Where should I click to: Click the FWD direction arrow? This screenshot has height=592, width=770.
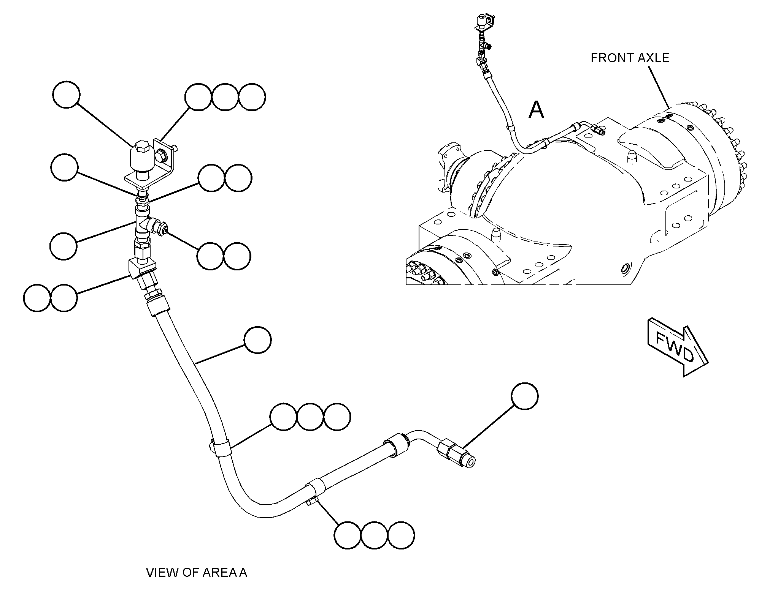[677, 346]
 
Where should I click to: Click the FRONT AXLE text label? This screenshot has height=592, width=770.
[630, 58]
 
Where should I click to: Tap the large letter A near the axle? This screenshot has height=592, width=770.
[537, 110]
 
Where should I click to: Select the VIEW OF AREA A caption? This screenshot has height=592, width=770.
[197, 572]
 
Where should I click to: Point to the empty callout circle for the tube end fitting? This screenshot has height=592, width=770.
[525, 396]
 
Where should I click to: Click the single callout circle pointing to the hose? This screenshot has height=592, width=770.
[258, 340]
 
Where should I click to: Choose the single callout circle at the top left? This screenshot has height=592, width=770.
[66, 95]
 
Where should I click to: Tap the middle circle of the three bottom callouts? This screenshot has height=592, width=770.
[374, 535]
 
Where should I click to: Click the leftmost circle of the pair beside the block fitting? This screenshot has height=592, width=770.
[37, 298]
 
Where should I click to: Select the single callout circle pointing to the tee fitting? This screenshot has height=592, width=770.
[64, 246]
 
